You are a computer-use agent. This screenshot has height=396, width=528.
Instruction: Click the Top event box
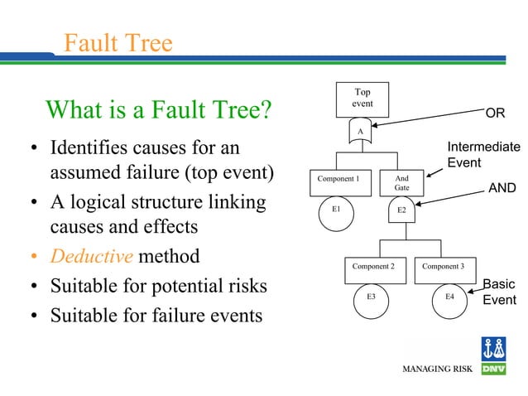pos(362,99)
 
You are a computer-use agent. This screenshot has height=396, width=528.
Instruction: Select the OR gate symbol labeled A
pos(360,131)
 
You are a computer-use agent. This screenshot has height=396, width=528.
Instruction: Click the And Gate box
pos(402,183)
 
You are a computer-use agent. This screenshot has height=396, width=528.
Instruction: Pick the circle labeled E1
pos(336,210)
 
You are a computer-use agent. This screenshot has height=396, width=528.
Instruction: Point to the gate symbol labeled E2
pos(401,210)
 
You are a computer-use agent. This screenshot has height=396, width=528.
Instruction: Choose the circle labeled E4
pos(449,297)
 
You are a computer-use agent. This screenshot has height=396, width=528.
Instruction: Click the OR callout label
pos(495,113)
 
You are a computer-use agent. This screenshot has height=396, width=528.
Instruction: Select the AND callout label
pos(502,189)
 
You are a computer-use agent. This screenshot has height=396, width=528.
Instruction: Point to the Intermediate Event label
pos(483,155)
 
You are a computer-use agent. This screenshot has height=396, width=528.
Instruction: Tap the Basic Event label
pos(499,292)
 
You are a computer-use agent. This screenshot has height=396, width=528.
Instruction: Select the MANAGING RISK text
pos(437,369)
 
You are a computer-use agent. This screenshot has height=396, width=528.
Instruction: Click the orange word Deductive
pos(91,256)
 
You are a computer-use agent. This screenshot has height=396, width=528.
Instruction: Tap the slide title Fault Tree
pos(118,42)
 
